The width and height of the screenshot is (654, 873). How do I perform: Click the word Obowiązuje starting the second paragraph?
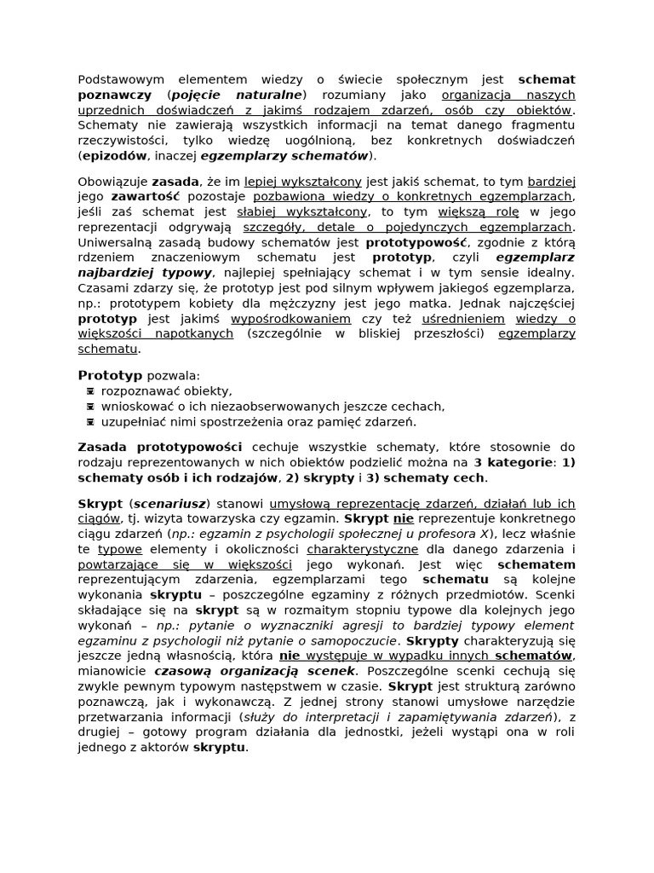point(112,182)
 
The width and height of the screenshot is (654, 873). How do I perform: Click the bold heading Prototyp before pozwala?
point(110,375)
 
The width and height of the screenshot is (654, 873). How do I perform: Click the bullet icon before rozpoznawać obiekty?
point(90,391)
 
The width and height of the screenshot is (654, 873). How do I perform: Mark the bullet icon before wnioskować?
point(90,407)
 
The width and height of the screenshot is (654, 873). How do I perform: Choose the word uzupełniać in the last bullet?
point(130,422)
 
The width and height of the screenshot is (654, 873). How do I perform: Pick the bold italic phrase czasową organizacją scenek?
point(254,671)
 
